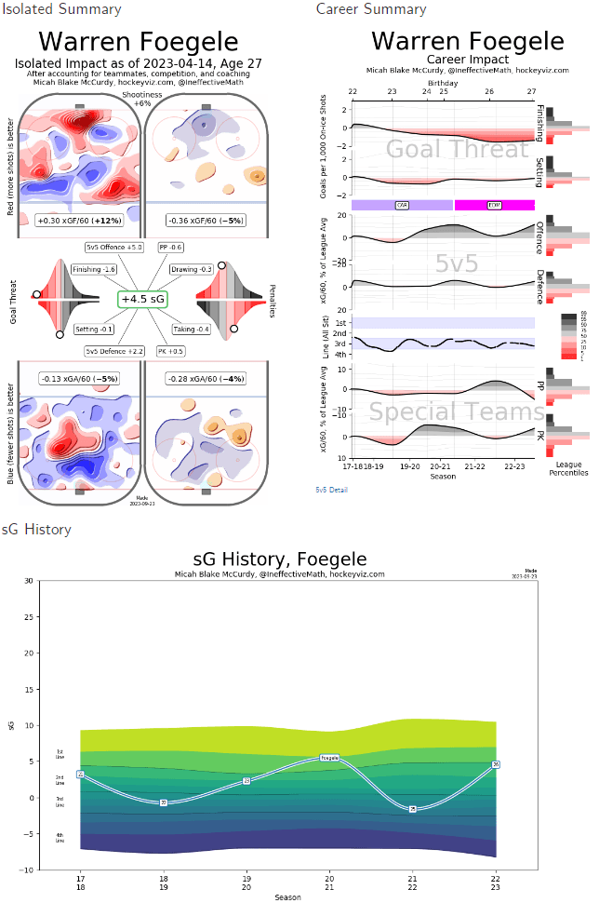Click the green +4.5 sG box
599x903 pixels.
pos(142,299)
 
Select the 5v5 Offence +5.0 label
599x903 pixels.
pos(113,248)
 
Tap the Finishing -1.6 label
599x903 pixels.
pos(95,269)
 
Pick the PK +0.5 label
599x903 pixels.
pos(173,351)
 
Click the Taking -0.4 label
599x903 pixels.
pos(192,330)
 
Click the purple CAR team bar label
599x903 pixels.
pos(402,205)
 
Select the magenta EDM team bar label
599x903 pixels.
pos(494,205)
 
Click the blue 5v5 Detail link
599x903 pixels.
pos(331,489)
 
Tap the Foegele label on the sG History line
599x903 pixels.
pos(329,759)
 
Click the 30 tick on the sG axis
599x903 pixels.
pos(30,581)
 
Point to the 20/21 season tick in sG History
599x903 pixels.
pos(329,883)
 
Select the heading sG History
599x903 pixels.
pos(35,530)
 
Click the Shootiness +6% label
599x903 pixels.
pos(141,99)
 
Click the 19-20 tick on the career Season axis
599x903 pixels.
pos(410,466)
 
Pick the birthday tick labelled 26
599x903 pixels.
pos(489,92)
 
